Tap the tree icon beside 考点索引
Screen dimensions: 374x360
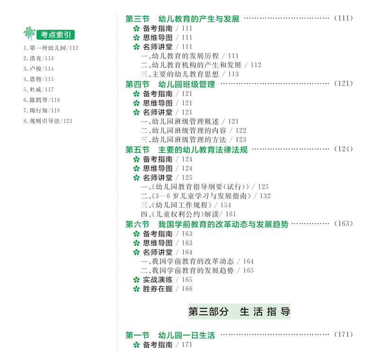tap(29, 34)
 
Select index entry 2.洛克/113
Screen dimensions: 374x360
tap(38, 58)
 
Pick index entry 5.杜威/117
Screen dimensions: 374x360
tap(38, 89)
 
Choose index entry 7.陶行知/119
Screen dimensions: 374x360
tap(41, 110)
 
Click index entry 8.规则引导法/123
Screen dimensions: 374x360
tap(47, 121)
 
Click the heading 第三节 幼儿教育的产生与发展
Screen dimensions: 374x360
tap(182, 19)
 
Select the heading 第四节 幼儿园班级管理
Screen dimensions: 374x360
tap(170, 84)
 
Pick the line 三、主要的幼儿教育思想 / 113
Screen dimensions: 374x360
tap(189, 74)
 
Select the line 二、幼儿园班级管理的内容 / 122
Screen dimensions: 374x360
tap(193, 130)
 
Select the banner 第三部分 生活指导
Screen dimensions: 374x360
tap(239, 312)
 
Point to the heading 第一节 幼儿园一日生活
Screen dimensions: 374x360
tap(170, 335)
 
